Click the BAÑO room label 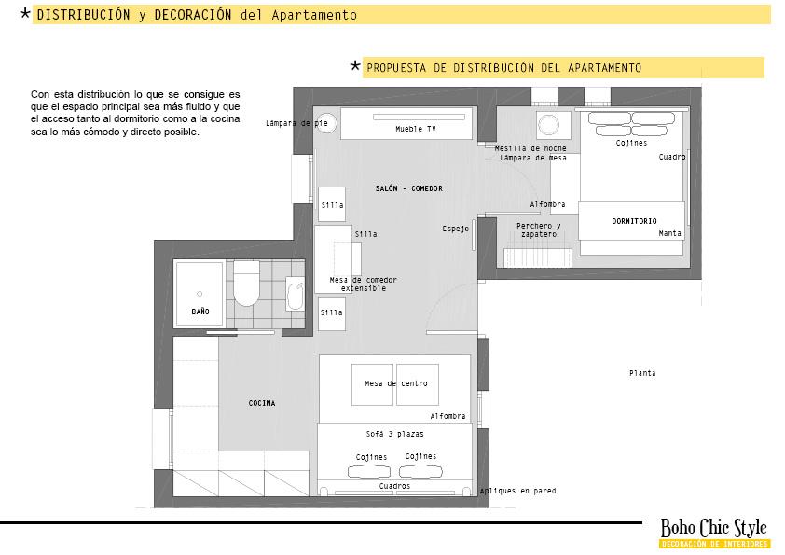pos(200,311)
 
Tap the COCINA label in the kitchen pos(262,403)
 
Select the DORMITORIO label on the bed pos(634,221)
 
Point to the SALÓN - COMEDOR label pos(408,188)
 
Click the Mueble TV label pos(415,129)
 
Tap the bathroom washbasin pos(295,296)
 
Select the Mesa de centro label pos(395,383)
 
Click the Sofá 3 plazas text pos(394,434)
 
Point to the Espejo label pos(455,229)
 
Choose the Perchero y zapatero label pos(539,229)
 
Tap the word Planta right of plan pos(642,373)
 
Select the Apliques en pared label pos(518,490)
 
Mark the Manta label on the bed pos(669,233)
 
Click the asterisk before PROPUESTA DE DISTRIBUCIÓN pos(355,66)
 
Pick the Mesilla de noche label pos(530,148)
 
